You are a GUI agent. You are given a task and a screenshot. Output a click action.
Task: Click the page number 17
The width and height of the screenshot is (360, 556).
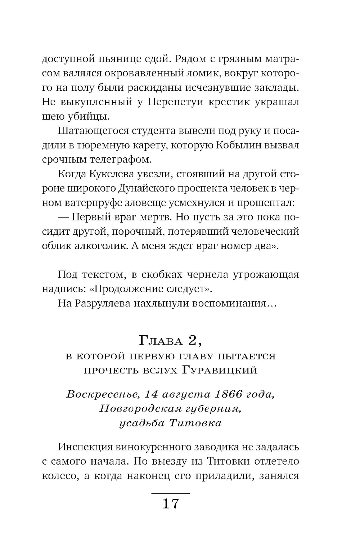click(x=171, y=503)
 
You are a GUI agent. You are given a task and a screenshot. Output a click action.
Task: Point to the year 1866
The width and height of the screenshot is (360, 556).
click(x=228, y=394)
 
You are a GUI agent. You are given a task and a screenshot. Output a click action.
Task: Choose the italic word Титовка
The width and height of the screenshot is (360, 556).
click(x=195, y=423)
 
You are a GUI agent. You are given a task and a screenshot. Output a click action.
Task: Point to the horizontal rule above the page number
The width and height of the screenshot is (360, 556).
click(x=170, y=493)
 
